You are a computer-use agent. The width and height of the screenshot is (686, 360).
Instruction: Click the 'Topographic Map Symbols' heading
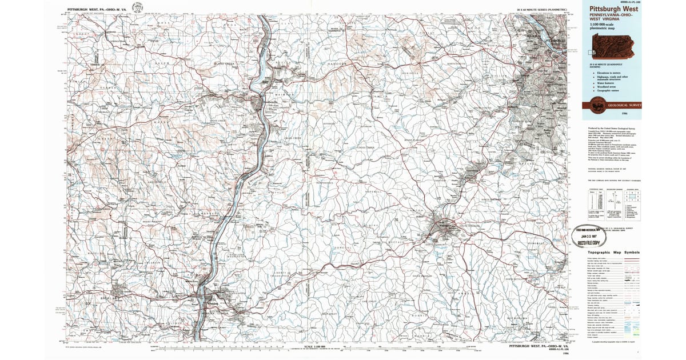611,253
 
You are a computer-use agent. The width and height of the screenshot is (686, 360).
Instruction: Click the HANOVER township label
338,63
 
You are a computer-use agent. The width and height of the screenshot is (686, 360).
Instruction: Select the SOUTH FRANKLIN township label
421,276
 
